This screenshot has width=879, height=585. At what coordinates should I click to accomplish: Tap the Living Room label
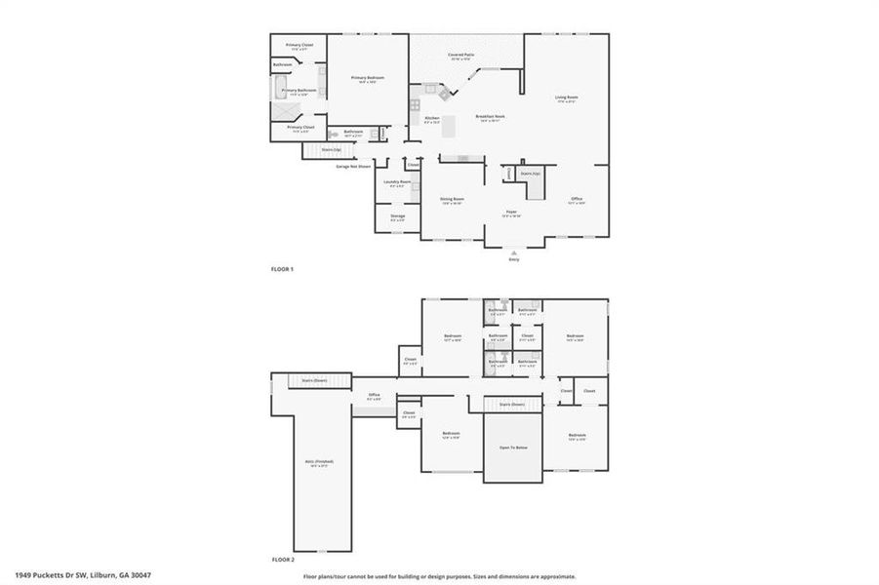click(x=566, y=97)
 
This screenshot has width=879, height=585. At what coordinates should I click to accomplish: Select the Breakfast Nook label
click(x=489, y=117)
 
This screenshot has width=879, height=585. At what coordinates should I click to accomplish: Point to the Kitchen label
click(x=431, y=118)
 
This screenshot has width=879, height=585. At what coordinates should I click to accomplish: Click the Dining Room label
click(x=452, y=199)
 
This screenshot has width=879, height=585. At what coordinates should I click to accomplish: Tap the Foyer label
click(x=510, y=212)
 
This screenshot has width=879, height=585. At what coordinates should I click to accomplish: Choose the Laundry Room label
click(x=396, y=181)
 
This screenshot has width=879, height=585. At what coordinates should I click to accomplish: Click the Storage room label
click(x=397, y=215)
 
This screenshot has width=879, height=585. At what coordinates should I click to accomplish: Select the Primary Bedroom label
click(x=368, y=78)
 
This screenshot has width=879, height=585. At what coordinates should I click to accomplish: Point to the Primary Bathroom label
click(x=299, y=91)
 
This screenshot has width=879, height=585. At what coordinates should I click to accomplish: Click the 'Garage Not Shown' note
click(x=353, y=166)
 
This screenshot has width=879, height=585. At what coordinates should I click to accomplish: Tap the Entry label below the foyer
click(x=514, y=259)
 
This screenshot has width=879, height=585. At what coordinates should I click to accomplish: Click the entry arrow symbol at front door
click(x=514, y=252)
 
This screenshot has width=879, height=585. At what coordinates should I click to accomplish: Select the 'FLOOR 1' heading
click(x=282, y=268)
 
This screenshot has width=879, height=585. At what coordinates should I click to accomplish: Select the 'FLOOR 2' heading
click(x=282, y=561)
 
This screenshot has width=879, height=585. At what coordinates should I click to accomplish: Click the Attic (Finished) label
click(x=319, y=462)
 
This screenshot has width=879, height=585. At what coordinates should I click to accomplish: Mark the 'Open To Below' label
click(x=513, y=449)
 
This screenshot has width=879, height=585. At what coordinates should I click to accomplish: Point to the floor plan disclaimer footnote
click(x=439, y=576)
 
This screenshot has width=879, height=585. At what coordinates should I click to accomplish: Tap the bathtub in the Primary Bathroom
click(x=277, y=91)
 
